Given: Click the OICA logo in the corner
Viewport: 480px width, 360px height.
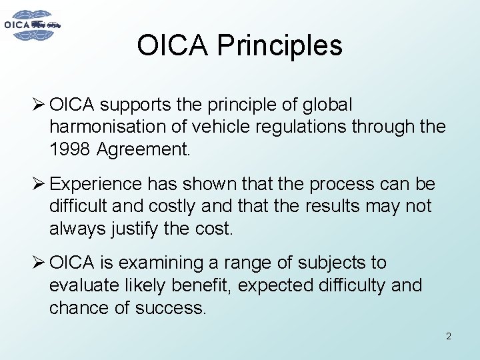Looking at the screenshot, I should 32,25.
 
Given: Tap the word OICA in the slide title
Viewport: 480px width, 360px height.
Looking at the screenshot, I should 173,45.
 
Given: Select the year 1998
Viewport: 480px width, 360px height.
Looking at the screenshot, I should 70,150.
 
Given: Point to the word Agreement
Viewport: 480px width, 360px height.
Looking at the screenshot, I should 143,150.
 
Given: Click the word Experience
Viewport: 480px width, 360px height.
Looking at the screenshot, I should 96,184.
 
